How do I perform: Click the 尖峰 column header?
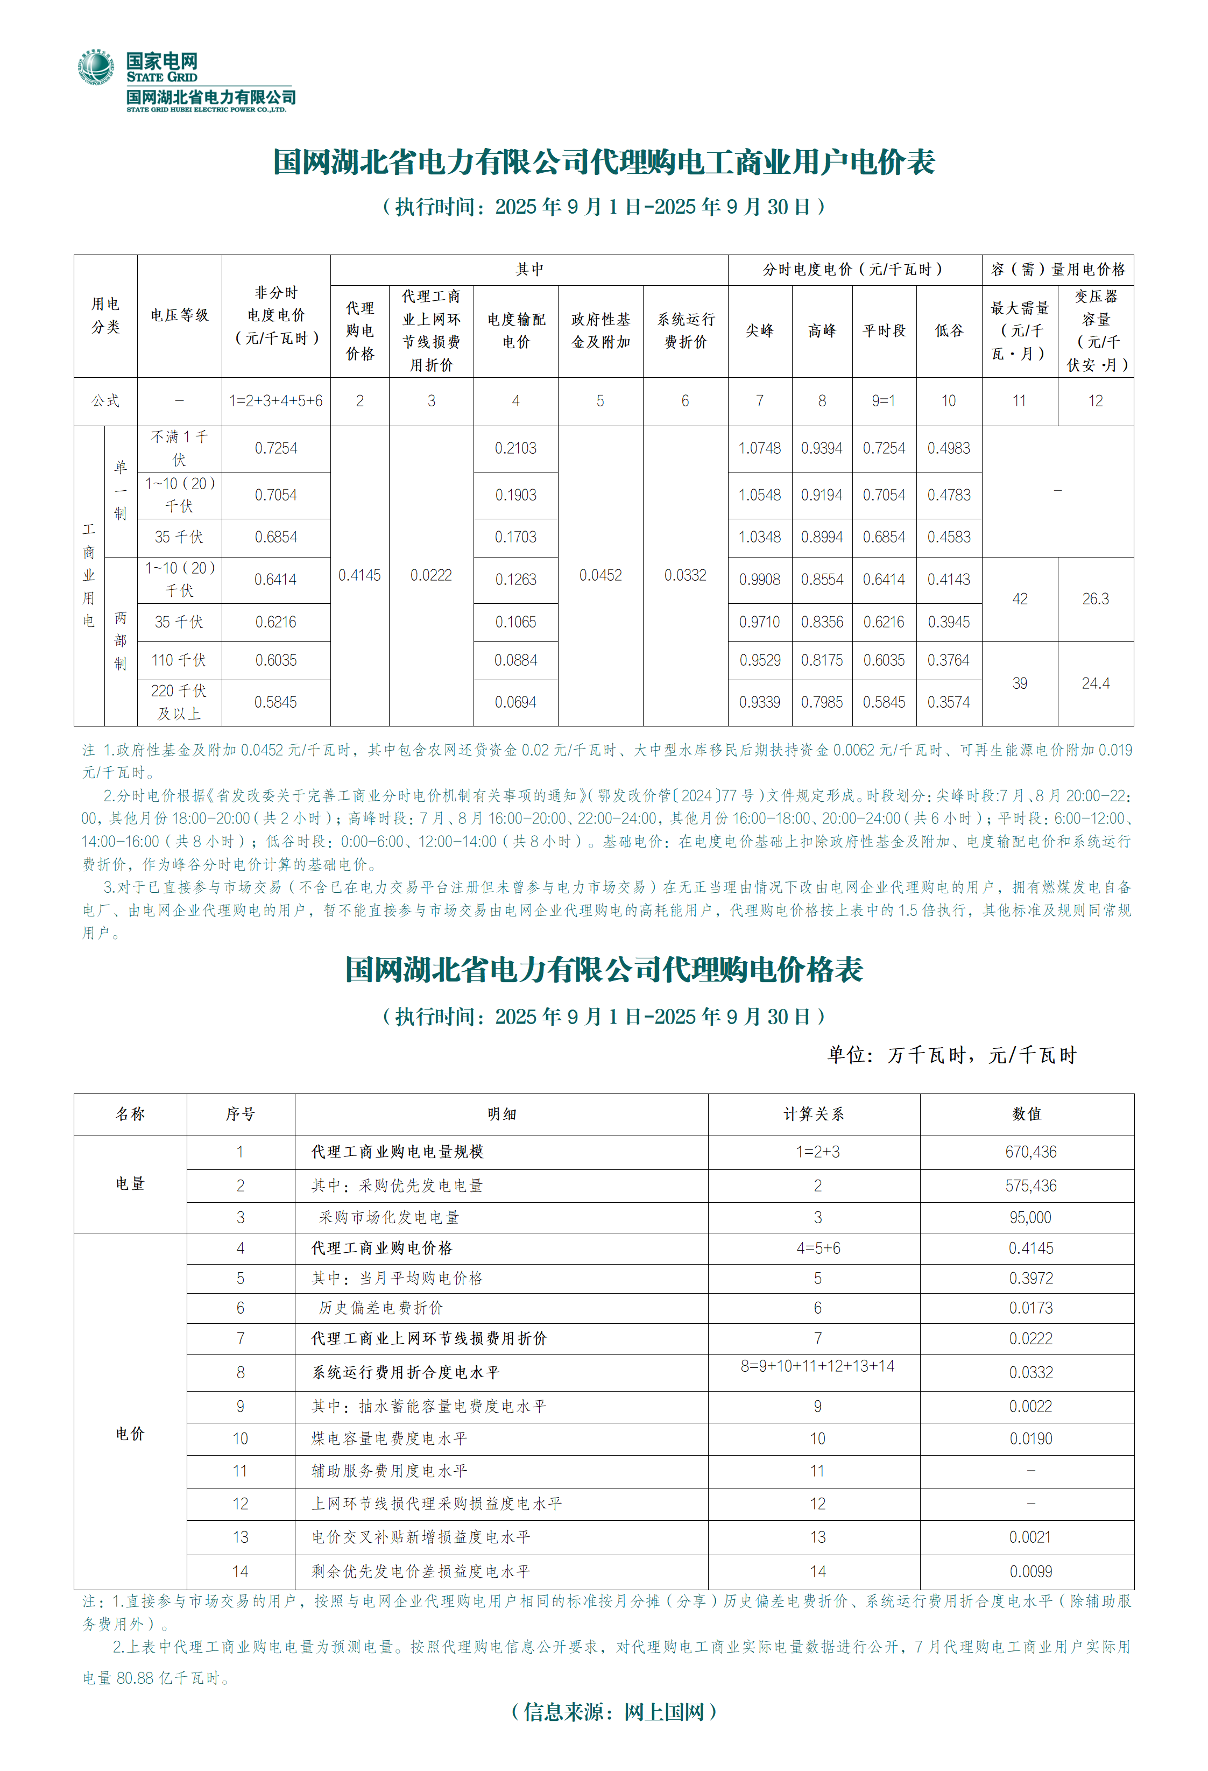(x=759, y=331)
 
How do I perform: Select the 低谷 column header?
(x=949, y=331)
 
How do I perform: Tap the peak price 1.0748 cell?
(x=759, y=448)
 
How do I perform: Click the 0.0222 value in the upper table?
(x=432, y=575)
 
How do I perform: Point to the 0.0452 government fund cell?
(x=601, y=575)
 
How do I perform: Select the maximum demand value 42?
(x=1020, y=599)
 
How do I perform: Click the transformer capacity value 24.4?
(x=1095, y=683)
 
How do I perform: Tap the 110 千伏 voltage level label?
(x=179, y=660)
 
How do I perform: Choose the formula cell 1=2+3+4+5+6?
(x=276, y=401)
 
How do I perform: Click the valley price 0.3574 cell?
(x=949, y=702)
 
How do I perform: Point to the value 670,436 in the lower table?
(x=1030, y=1152)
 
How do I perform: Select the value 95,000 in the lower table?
(x=1030, y=1217)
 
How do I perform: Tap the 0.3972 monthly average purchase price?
(x=1030, y=1278)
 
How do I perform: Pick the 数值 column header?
(x=1027, y=1113)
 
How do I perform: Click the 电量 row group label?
(x=130, y=1183)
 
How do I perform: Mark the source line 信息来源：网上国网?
(x=614, y=1712)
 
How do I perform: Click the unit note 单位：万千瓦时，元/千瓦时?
(x=952, y=1055)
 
